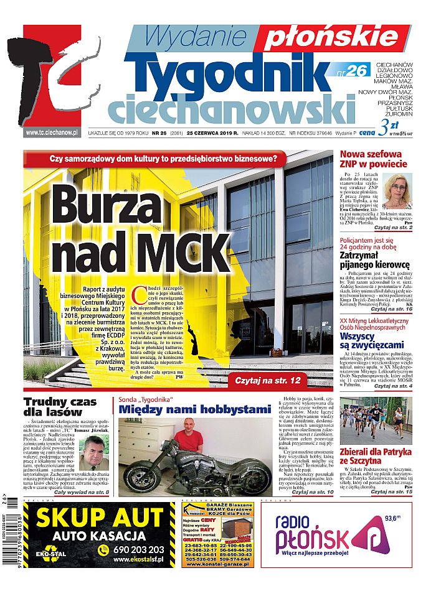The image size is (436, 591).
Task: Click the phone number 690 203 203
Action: click(x=139, y=549)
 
